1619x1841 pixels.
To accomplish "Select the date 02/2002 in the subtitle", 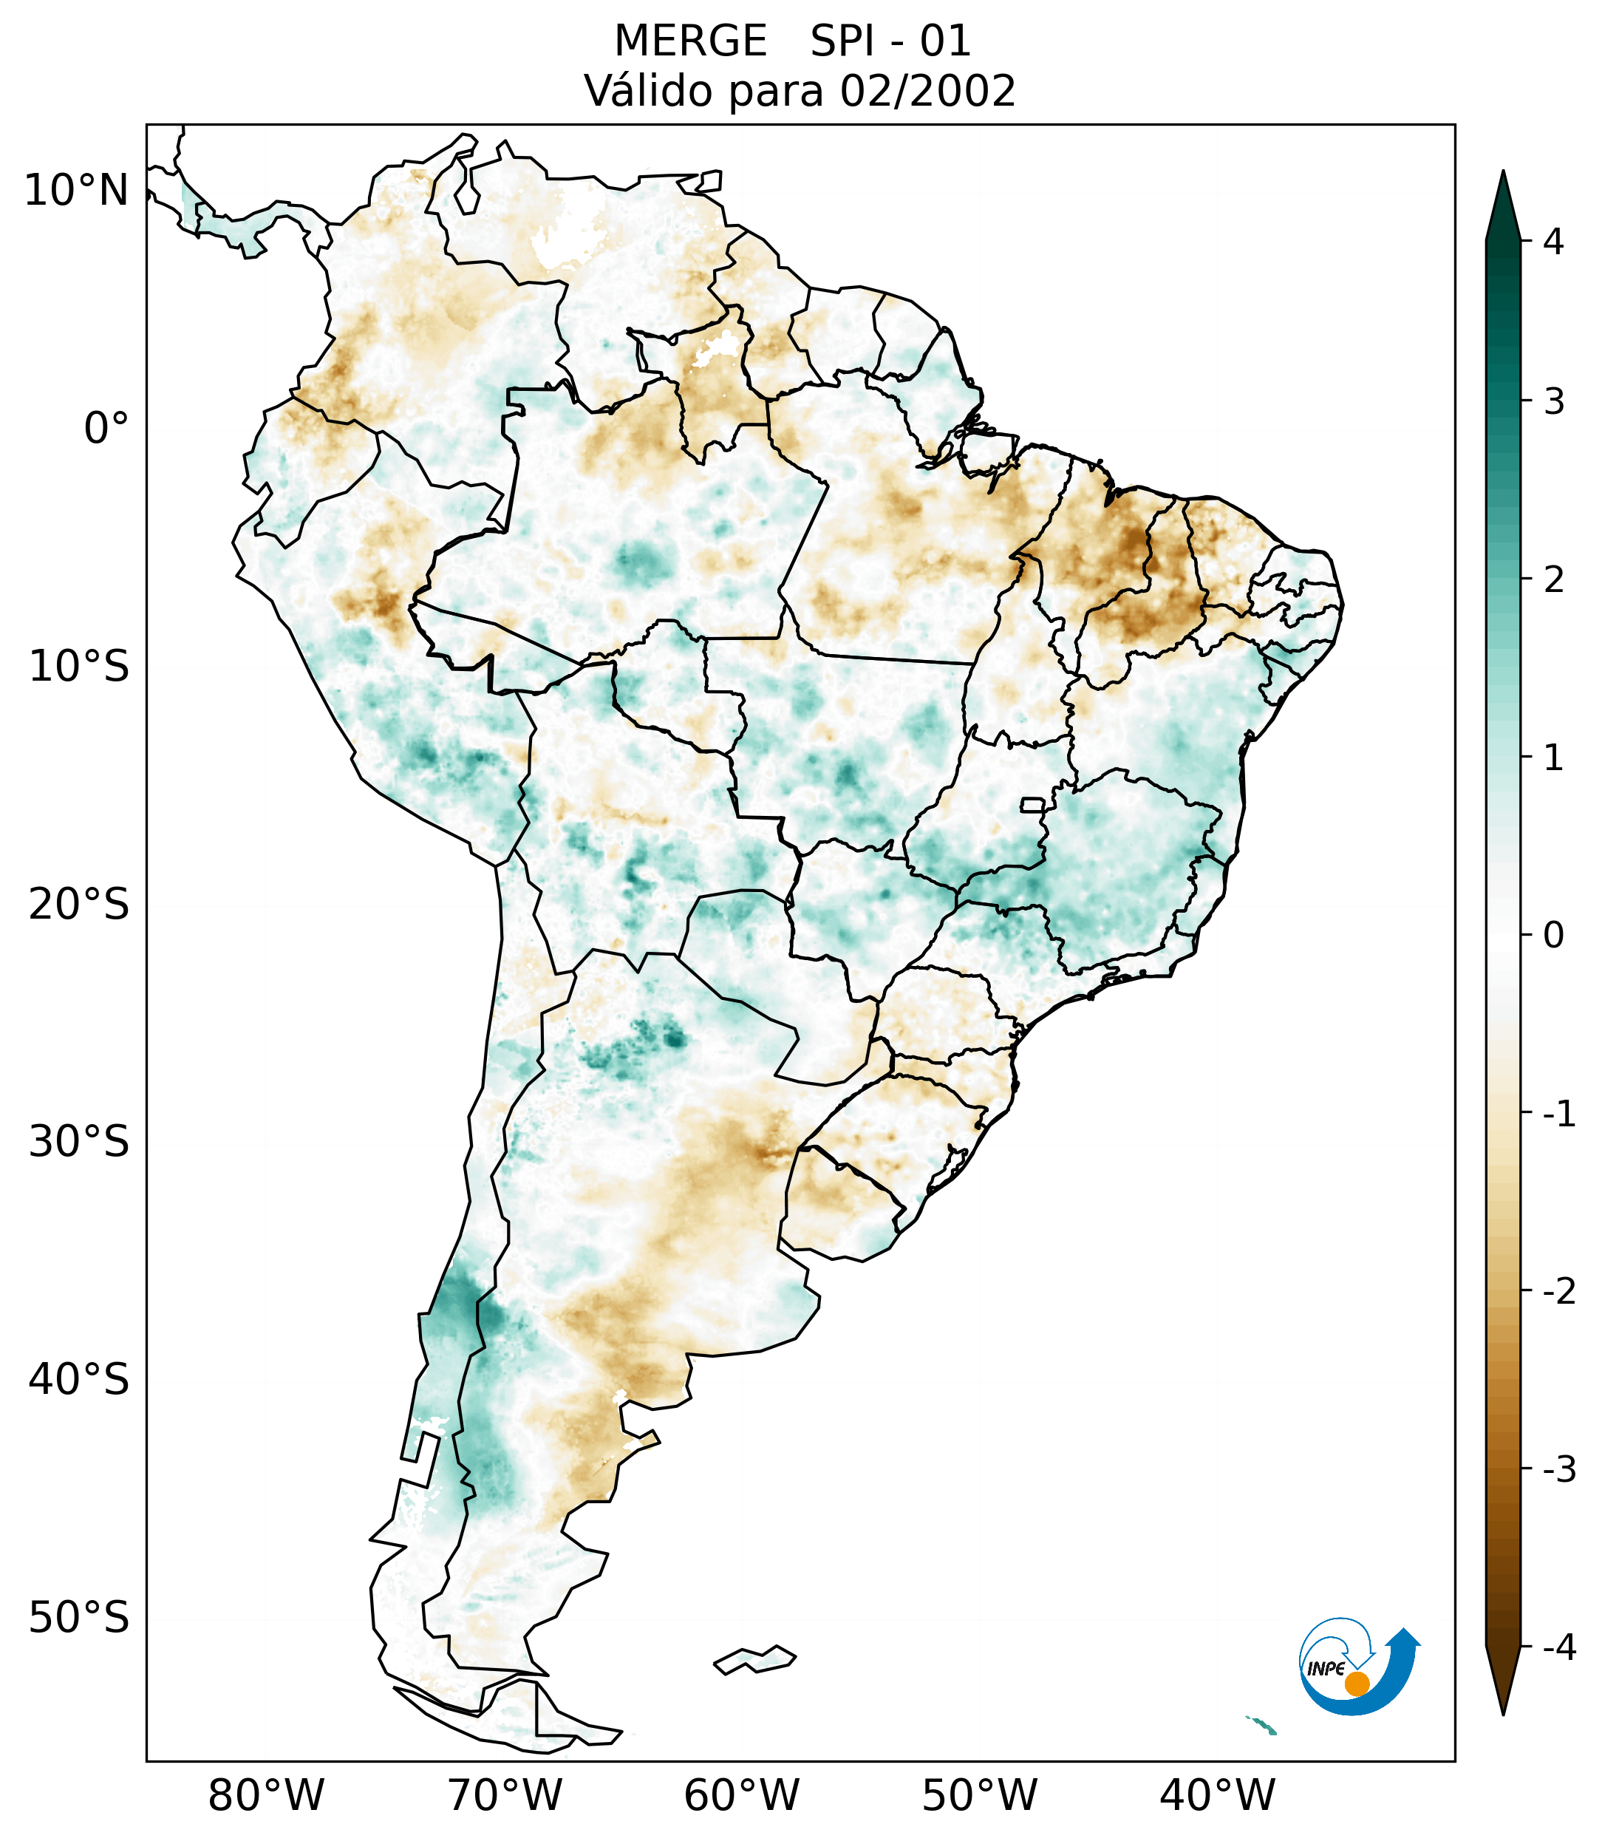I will (927, 91).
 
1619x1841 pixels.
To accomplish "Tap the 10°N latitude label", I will (77, 191).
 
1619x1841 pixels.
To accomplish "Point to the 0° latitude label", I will (106, 428).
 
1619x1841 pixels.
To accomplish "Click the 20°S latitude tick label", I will (79, 905).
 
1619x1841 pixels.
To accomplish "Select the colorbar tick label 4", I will (1553, 242).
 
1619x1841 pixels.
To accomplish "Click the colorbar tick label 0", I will (1553, 936).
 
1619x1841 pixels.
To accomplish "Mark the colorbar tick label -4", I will (1558, 1647).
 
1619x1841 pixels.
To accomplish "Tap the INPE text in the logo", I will (1326, 1669).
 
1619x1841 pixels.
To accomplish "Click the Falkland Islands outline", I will (754, 1659).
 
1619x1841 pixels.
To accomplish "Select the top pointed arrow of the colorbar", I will (1503, 203).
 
